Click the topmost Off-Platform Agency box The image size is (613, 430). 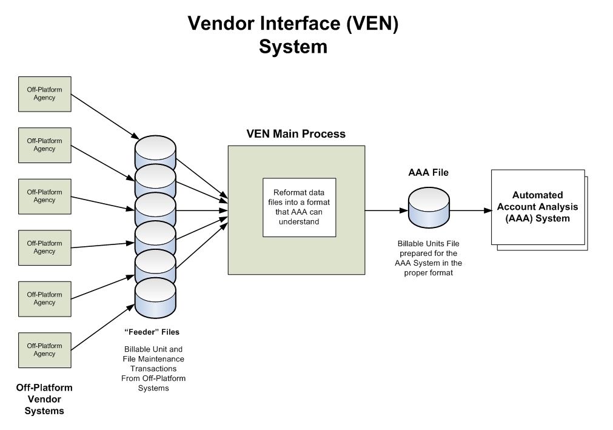[45, 94]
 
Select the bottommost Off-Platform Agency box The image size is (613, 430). [45, 350]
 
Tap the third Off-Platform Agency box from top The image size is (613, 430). [45, 197]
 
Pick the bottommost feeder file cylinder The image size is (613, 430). [155, 297]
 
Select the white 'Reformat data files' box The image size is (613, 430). [299, 207]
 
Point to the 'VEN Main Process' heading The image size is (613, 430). [295, 134]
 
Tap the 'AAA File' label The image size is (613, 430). [428, 172]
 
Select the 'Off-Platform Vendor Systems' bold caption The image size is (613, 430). [44, 399]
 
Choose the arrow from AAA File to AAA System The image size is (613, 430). [470, 210]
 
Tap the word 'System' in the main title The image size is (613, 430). [293, 47]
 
